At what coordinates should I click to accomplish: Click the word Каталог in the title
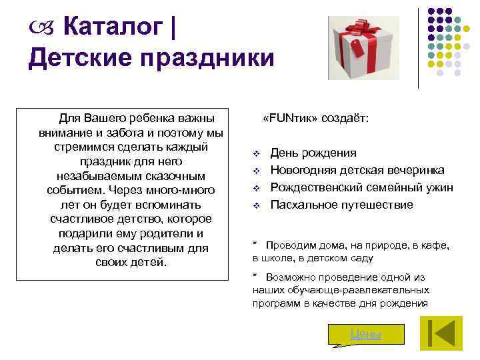tap(113, 27)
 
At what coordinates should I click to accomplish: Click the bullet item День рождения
tap(313, 153)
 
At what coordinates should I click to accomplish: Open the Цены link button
tap(365, 334)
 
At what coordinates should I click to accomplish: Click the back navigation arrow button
tap(440, 333)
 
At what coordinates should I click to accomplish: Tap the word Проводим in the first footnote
tap(289, 245)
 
